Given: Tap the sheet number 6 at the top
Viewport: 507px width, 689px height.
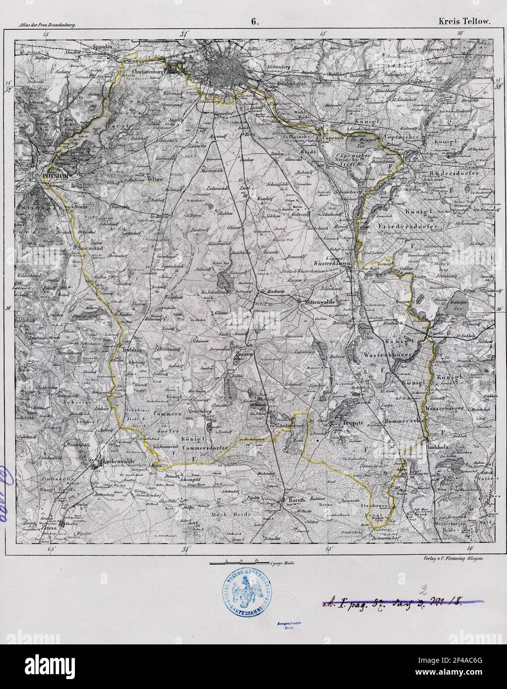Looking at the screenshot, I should tap(254, 21).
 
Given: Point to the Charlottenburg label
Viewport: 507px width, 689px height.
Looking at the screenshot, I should tap(145, 71).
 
